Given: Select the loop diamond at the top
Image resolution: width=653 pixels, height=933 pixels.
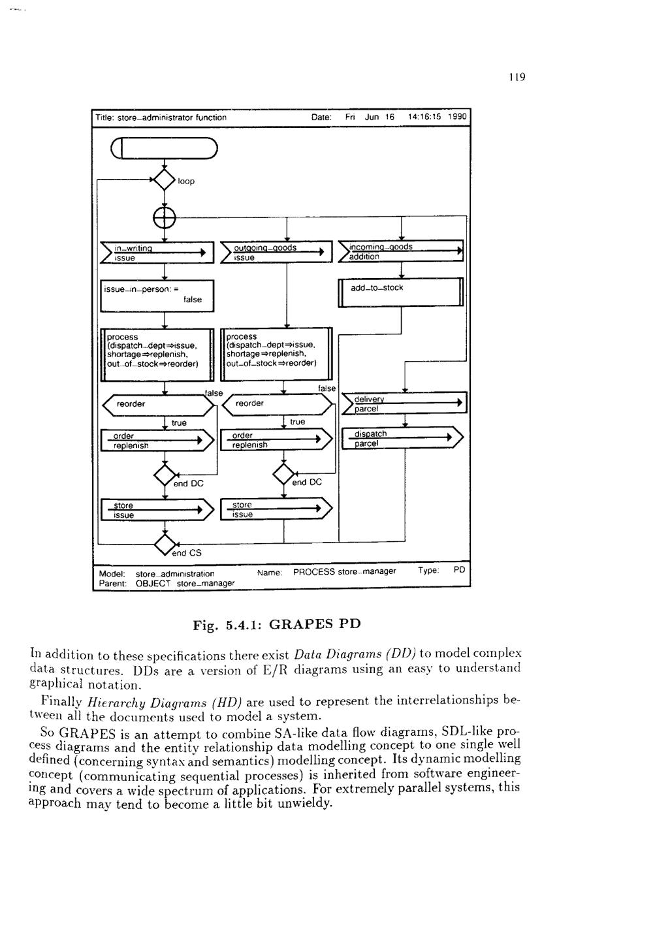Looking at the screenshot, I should pos(164,180).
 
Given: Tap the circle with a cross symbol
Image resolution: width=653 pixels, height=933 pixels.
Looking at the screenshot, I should pos(165,217).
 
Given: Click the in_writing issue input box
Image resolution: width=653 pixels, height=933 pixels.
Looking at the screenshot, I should pos(157,253).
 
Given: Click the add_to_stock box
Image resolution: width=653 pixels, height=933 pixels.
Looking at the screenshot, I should pos(400,292).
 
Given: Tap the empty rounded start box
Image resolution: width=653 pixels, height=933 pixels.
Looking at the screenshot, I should pos(164,149).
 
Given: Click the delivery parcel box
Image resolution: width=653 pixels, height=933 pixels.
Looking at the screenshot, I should pos(404,403).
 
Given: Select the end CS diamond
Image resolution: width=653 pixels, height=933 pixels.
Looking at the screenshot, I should pos(165,543).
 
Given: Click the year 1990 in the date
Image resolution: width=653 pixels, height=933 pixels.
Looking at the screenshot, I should pos(458,117).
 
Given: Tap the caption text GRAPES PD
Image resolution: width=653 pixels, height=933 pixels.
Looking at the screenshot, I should pos(314,624).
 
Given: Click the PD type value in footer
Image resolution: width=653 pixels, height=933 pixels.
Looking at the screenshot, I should pos(459,570).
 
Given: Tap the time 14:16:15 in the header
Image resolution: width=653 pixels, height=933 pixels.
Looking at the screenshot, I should pos(424,117).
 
